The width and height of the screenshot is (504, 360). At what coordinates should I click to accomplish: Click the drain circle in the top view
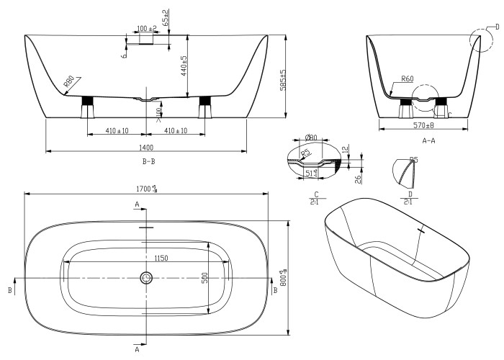pyautogui.click(x=147, y=277)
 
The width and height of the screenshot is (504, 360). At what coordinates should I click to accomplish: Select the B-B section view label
pyautogui.click(x=149, y=161)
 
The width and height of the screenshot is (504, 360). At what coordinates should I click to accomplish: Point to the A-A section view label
pyautogui.click(x=428, y=140)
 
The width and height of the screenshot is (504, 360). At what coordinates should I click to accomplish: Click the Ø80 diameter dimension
pyautogui.click(x=312, y=138)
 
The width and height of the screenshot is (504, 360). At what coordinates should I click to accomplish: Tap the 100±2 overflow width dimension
pyautogui.click(x=146, y=29)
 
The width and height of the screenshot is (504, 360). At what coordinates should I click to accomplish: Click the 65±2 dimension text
pyautogui.click(x=165, y=17)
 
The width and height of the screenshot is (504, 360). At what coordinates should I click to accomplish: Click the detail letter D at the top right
pyautogui.click(x=496, y=27)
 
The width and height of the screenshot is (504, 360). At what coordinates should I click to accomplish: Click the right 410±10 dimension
pyautogui.click(x=176, y=131)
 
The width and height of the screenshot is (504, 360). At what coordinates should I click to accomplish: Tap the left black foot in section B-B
pyautogui.click(x=89, y=102)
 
